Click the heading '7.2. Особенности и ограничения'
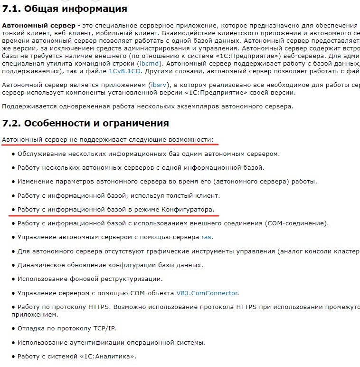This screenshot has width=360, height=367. tap(85, 123)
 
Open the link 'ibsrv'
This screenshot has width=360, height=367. tap(158, 84)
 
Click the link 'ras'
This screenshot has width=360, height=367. tap(207, 237)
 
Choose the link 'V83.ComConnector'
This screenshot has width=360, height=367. tap(207, 293)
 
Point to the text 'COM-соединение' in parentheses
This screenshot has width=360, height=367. tap(296, 223)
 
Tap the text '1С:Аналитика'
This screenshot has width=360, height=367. tap(108, 356)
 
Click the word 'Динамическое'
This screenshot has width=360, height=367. tap(40, 265)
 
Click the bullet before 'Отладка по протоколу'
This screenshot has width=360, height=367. tap(13, 328)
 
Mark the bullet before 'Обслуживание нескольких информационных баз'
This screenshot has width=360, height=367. tap(13, 154)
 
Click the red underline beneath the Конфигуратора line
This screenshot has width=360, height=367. tap(114, 215)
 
